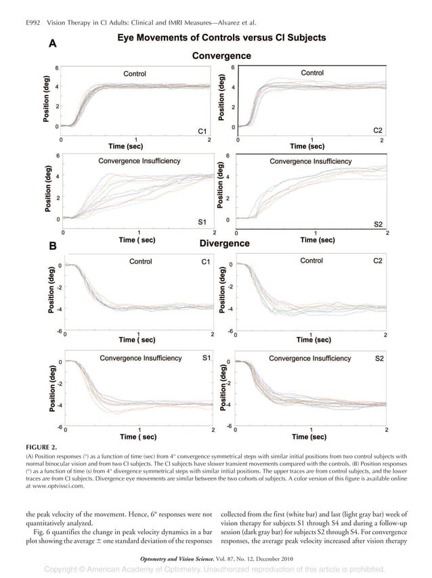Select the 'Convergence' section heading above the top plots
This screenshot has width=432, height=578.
pos(221,55)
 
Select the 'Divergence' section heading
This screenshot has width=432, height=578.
pos(224,243)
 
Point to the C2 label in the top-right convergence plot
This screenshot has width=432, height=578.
pos(380,129)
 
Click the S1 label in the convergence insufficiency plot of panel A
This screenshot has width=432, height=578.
pos(202,221)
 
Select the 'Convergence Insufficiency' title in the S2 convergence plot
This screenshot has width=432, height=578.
pos(311,161)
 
